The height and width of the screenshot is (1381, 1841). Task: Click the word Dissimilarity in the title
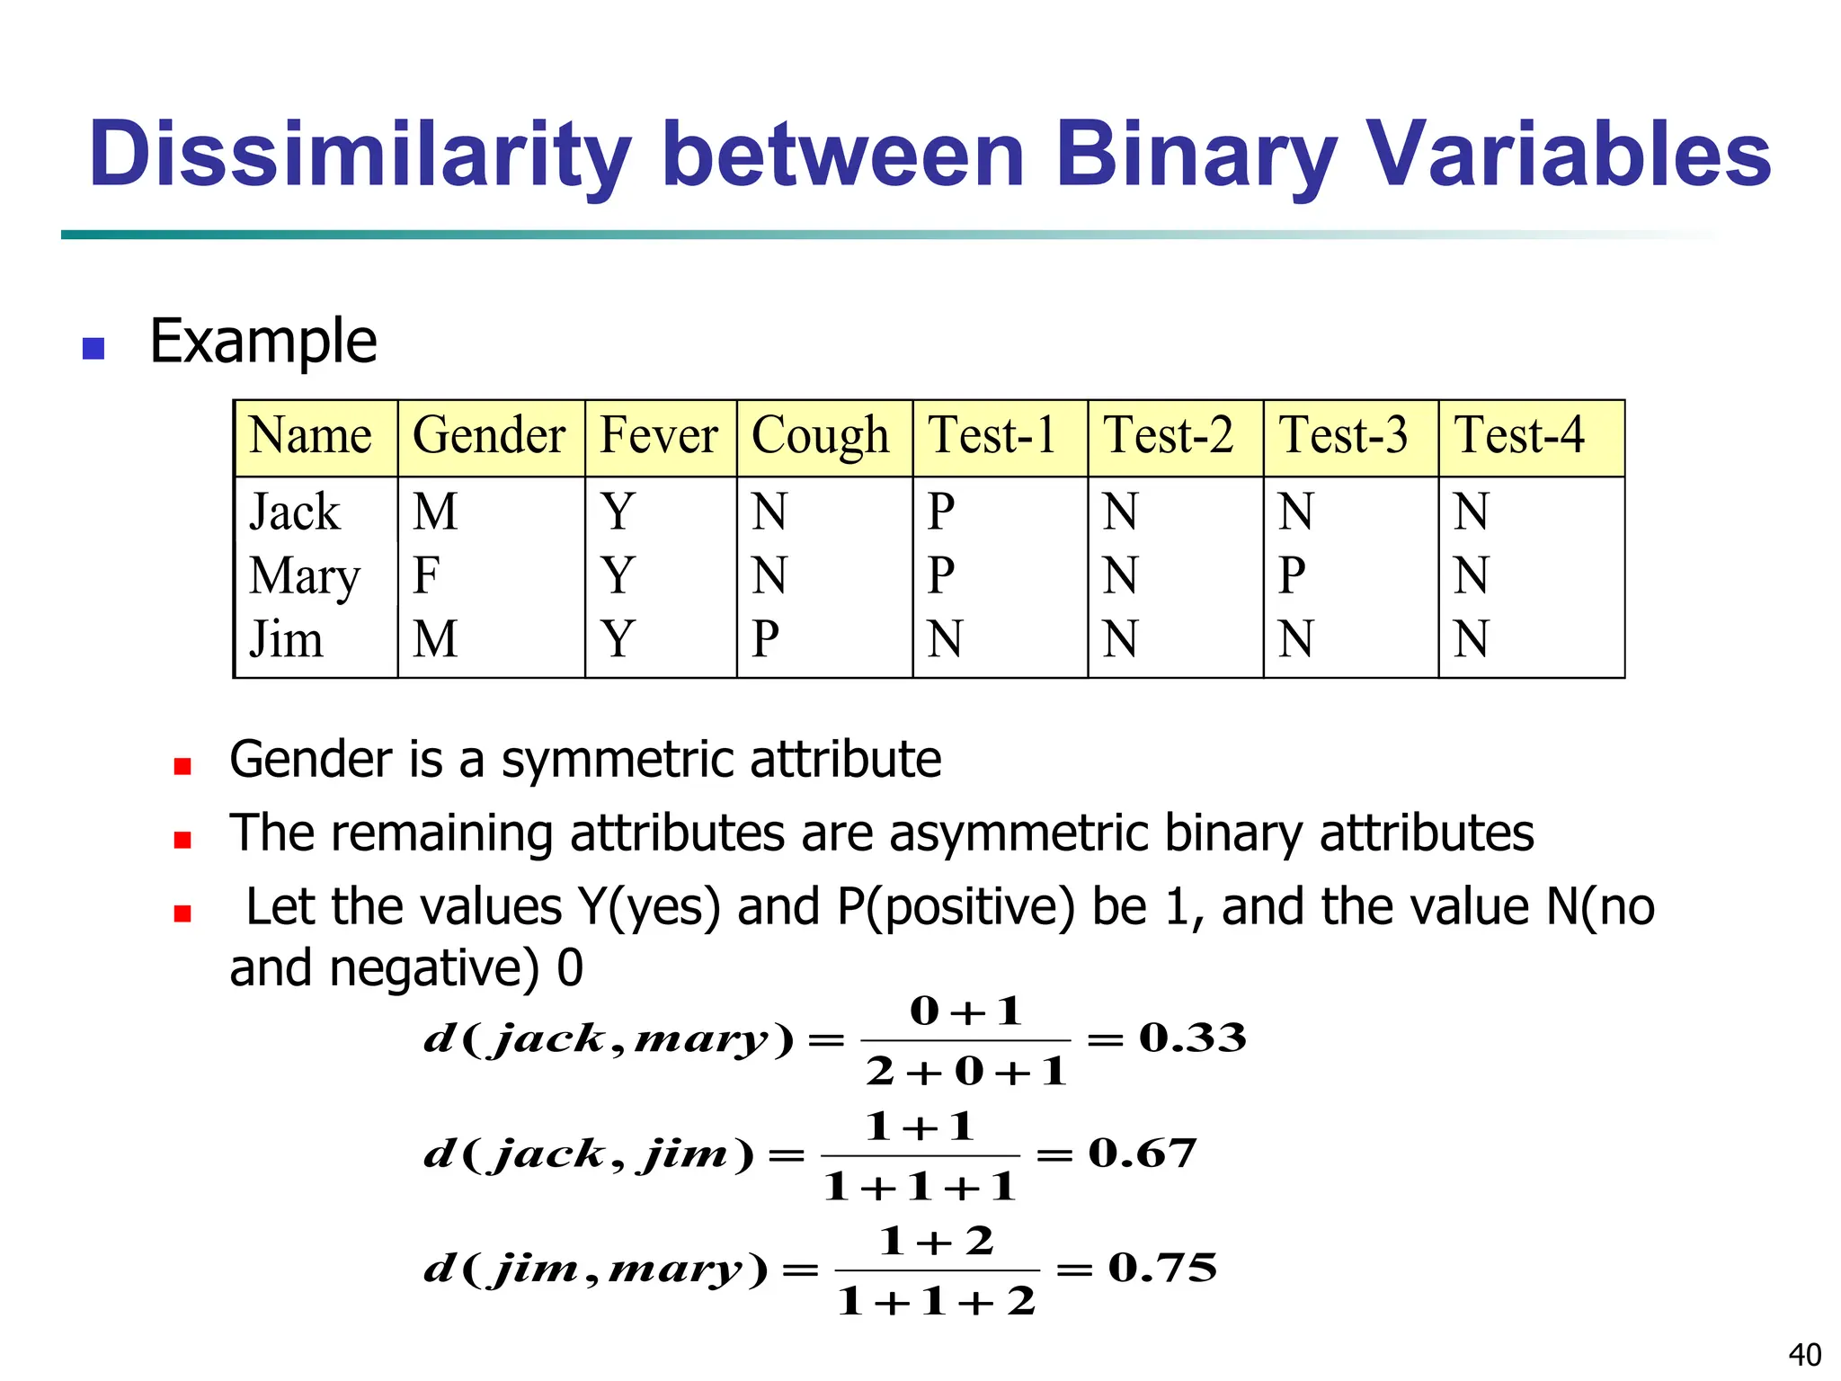pos(359,155)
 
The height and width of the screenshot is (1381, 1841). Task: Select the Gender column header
pos(489,437)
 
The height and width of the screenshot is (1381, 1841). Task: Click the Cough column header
pos(820,437)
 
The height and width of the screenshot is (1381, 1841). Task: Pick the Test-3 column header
pos(1343,436)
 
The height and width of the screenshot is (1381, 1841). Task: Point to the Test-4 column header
pos(1519,436)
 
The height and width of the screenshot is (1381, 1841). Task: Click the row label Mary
pos(305,576)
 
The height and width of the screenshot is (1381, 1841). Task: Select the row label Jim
pos(286,639)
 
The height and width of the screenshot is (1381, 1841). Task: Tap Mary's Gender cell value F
pos(426,575)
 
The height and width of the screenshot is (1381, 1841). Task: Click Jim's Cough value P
pos(765,639)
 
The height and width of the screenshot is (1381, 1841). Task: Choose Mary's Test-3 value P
pos(1292,575)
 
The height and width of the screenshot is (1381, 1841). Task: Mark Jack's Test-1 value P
pos(940,512)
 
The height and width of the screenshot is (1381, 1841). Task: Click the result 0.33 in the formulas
pos(1192,1038)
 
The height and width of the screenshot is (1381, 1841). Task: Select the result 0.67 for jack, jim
pos(1142,1154)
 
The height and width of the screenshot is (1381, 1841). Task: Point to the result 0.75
pos(1162,1269)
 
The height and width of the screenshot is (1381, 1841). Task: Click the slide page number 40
pos(1804,1354)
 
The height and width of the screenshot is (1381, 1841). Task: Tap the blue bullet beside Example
pos(93,348)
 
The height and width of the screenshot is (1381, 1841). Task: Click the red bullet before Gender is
pos(182,766)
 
